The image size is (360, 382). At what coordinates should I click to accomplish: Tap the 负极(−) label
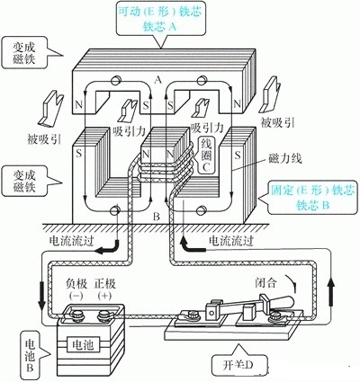coord(79,288)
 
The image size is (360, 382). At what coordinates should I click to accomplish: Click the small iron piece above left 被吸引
coord(46,109)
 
